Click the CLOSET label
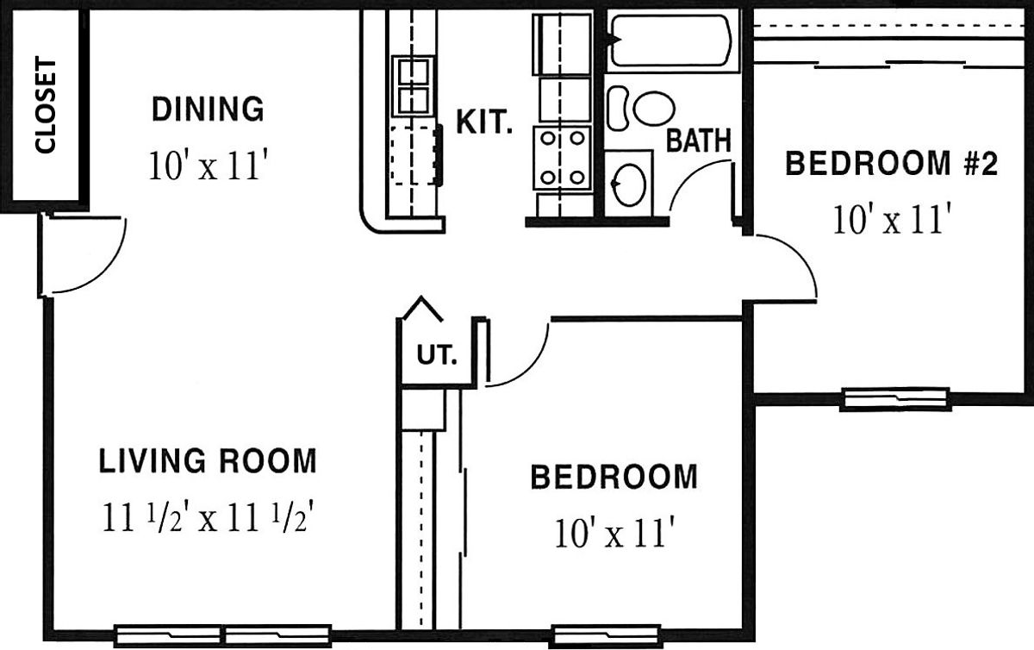tap(45, 104)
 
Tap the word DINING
tap(208, 109)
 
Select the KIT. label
tap(484, 122)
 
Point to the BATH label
tap(699, 140)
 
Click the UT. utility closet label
tap(437, 355)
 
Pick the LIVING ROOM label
tap(208, 460)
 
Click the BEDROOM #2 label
tap(891, 163)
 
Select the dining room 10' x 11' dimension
tap(209, 166)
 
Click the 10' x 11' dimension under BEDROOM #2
tap(892, 220)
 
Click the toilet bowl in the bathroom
tap(654, 109)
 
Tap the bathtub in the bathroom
tap(671, 41)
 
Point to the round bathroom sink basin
tap(629, 184)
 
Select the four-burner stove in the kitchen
tap(562, 158)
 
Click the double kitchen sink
tap(414, 86)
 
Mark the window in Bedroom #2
tap(895, 398)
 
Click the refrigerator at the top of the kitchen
tap(562, 44)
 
